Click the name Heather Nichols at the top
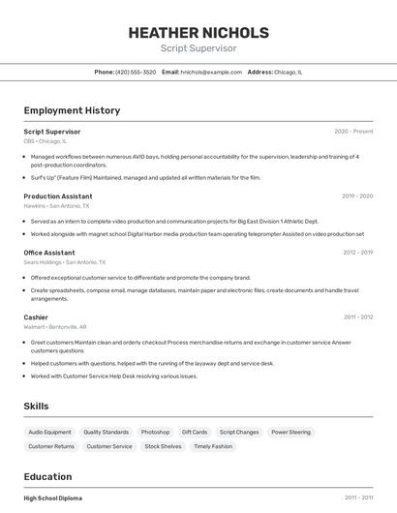click(198, 32)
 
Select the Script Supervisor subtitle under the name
click(198, 48)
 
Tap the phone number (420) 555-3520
click(136, 72)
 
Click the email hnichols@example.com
click(211, 72)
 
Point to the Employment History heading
click(72, 110)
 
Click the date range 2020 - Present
click(353, 132)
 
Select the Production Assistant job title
click(58, 196)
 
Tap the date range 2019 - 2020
click(357, 196)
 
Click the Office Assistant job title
click(49, 253)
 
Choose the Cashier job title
click(36, 317)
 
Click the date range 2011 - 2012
click(358, 317)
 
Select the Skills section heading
click(37, 407)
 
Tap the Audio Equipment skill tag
click(49, 432)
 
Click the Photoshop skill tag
click(155, 432)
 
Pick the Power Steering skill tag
click(290, 432)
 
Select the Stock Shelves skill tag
click(163, 446)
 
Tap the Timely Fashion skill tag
click(213, 446)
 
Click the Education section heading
click(47, 476)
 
